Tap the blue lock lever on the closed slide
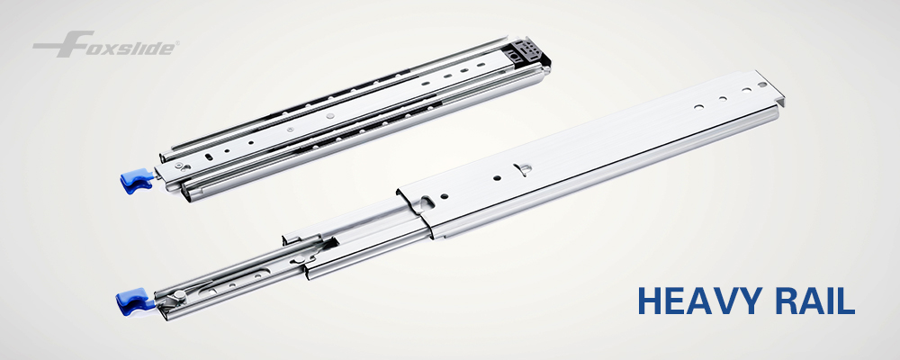[x=136, y=180]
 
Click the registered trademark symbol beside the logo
[x=176, y=42]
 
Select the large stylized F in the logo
[x=64, y=44]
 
